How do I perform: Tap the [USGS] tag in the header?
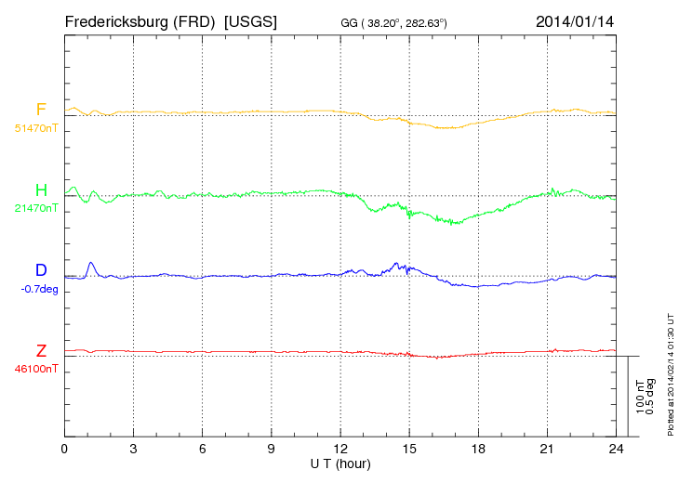click(x=250, y=20)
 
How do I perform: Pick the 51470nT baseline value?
click(x=35, y=127)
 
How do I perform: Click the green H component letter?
click(x=41, y=190)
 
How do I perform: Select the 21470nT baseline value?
click(x=35, y=208)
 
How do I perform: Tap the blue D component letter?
click(x=41, y=270)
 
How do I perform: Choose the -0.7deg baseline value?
click(x=38, y=289)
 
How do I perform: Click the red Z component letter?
click(x=41, y=351)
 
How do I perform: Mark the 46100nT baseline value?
click(x=35, y=369)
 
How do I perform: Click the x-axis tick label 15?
click(x=409, y=450)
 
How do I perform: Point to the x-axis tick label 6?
click(x=203, y=450)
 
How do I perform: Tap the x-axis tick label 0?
click(x=65, y=450)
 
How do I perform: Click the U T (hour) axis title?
click(x=340, y=463)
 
